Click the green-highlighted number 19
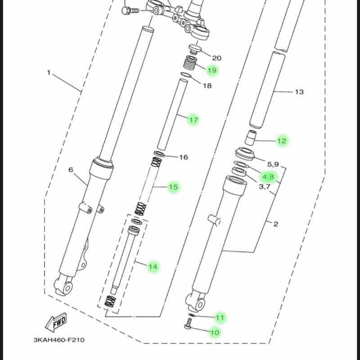(211, 70)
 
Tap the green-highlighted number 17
(193, 120)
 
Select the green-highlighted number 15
(173, 187)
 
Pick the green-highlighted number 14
(153, 267)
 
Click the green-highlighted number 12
(282, 141)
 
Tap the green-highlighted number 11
(220, 318)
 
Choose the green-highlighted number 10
(215, 333)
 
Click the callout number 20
(217, 58)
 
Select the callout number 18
(207, 85)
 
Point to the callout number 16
(183, 157)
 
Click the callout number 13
(299, 92)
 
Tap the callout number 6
(71, 170)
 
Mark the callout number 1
(49, 72)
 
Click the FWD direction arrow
(56, 321)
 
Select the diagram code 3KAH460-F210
(58, 340)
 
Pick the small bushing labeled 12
(251, 135)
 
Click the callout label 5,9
(274, 164)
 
